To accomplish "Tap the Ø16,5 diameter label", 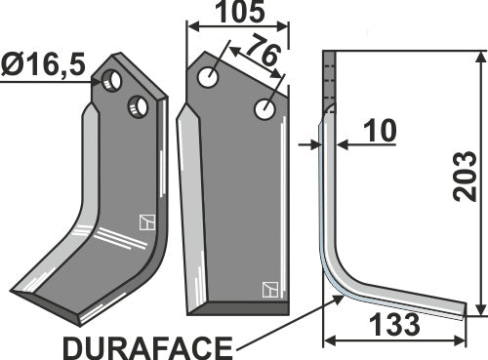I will (x=45, y=68).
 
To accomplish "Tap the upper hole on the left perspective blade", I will (x=115, y=81).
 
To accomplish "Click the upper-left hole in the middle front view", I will (x=208, y=78).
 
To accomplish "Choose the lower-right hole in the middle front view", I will (x=264, y=110).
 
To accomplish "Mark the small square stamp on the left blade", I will (x=145, y=221).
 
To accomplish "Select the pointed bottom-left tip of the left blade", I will (x=15, y=292).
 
